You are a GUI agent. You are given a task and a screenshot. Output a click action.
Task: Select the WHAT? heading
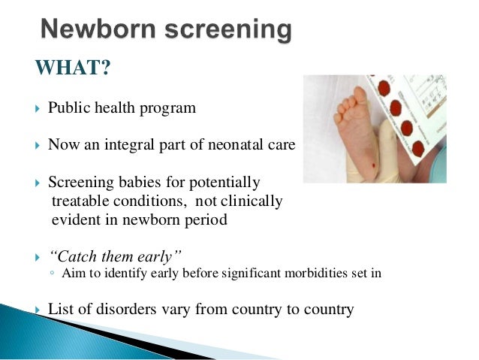(73, 69)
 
